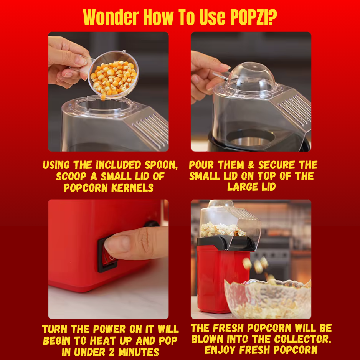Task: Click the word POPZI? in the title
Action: pos(253,17)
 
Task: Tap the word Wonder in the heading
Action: pos(111,17)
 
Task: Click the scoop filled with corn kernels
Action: pos(112,74)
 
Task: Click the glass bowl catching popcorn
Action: pos(268,299)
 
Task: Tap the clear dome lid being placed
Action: pos(251,77)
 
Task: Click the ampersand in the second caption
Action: pos(251,165)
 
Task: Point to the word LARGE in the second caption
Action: pos(243,187)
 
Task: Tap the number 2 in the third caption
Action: pos(111,352)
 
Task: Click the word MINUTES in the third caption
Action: pos(139,352)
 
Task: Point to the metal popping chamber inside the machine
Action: pos(251,139)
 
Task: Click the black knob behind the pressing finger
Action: pos(152,224)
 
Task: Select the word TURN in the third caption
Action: pos(54,329)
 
